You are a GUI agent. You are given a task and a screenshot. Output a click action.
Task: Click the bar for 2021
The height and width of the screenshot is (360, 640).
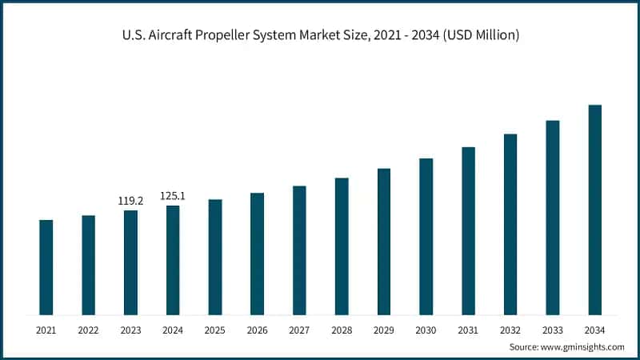click(46, 267)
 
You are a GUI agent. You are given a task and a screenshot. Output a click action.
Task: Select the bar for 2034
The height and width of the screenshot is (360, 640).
click(594, 210)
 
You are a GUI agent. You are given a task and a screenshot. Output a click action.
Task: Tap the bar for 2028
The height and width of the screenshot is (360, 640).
click(342, 246)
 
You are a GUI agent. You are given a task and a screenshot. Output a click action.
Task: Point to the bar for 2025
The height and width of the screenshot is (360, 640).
click(215, 257)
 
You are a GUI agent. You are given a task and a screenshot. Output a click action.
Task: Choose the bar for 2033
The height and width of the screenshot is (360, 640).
click(553, 218)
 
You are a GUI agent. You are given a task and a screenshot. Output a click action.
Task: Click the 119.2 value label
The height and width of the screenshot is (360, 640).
click(130, 201)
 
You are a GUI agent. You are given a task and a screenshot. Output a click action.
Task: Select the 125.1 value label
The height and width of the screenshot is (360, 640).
click(173, 196)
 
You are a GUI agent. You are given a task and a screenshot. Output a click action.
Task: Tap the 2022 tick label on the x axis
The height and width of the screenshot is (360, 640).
click(88, 330)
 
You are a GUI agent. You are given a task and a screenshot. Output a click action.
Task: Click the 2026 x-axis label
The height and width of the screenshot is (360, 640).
click(257, 330)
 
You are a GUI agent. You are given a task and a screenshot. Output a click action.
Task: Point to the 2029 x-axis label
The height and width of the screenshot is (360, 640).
click(383, 330)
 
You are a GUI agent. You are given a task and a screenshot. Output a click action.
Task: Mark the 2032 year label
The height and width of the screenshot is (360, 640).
click(510, 330)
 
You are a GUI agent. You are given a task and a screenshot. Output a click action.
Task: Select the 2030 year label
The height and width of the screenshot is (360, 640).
click(426, 330)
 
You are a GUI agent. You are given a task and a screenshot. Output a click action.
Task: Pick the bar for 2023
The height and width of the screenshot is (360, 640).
click(130, 262)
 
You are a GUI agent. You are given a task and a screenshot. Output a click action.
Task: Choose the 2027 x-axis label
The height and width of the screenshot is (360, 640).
click(299, 330)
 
